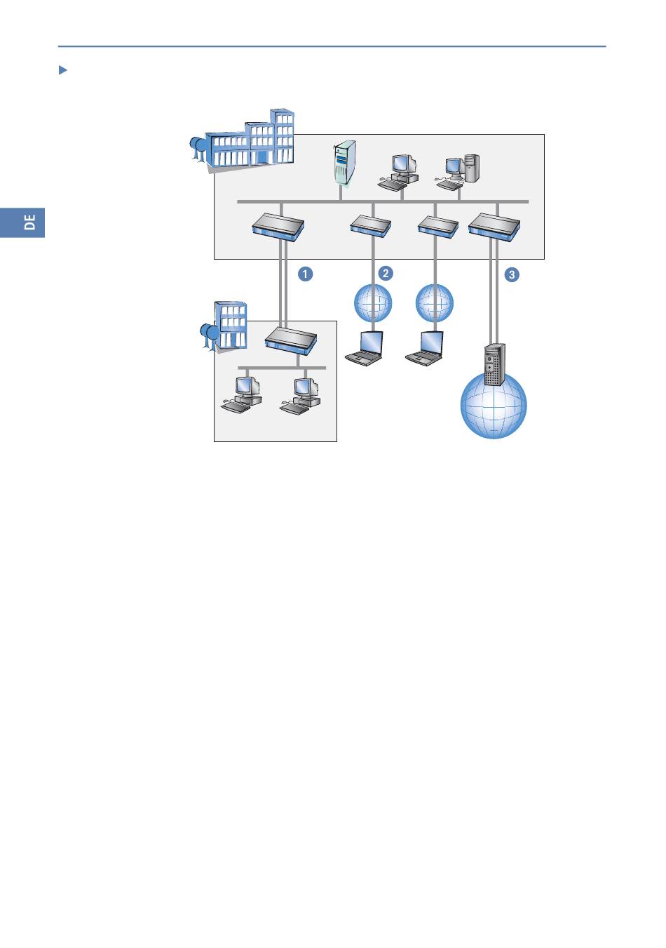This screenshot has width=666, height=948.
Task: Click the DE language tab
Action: pyautogui.click(x=22, y=222)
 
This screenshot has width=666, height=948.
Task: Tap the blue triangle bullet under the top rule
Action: pyautogui.click(x=62, y=70)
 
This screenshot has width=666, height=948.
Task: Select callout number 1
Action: pyautogui.click(x=305, y=274)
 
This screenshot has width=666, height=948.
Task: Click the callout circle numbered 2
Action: pyautogui.click(x=385, y=273)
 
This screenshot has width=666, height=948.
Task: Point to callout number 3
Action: pyautogui.click(x=512, y=274)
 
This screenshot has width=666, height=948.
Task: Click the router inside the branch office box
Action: pyautogui.click(x=291, y=340)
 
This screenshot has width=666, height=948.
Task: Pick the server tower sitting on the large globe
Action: pyautogui.click(x=494, y=364)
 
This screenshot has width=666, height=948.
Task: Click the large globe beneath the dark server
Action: pyautogui.click(x=494, y=410)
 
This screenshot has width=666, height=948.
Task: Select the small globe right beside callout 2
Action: pyautogui.click(x=373, y=304)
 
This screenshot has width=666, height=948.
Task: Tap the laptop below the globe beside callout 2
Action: pyautogui.click(x=365, y=349)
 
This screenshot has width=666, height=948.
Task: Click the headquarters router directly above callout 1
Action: pyautogui.click(x=278, y=226)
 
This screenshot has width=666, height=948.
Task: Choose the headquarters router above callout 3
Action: pyautogui.click(x=494, y=225)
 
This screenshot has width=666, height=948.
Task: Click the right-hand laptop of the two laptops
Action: pyautogui.click(x=426, y=349)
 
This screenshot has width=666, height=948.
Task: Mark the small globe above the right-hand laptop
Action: pyautogui.click(x=435, y=304)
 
